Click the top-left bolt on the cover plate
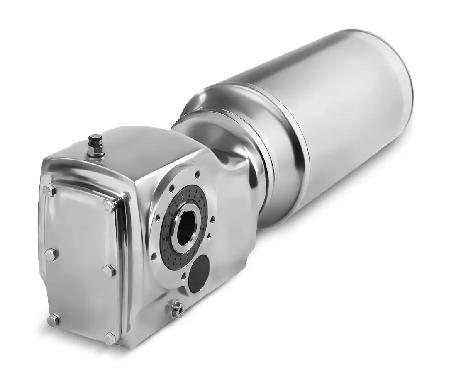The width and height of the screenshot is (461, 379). pos(49,189)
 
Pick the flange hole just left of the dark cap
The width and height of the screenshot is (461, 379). pos(184,275)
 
